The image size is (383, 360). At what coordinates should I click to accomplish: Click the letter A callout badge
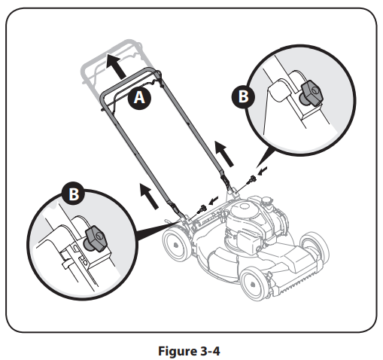(139, 97)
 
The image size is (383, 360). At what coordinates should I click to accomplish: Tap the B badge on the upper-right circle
(243, 96)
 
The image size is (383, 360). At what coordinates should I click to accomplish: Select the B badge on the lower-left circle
(74, 194)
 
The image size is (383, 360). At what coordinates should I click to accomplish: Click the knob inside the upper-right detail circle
(311, 93)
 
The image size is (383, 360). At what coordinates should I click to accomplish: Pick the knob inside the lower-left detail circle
(96, 239)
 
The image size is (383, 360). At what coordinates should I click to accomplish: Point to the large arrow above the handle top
(115, 66)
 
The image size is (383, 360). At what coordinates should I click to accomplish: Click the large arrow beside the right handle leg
(224, 154)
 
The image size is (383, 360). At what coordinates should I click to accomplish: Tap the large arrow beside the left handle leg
(149, 196)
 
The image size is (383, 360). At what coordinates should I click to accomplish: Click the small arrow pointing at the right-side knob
(263, 171)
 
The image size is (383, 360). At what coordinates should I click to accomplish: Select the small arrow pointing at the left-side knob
(213, 200)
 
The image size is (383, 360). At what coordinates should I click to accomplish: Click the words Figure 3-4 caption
(189, 351)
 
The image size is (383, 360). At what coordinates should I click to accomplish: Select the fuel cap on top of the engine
(268, 201)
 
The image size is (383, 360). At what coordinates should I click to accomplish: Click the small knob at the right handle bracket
(252, 179)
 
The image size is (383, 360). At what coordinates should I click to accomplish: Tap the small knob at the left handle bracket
(202, 209)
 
